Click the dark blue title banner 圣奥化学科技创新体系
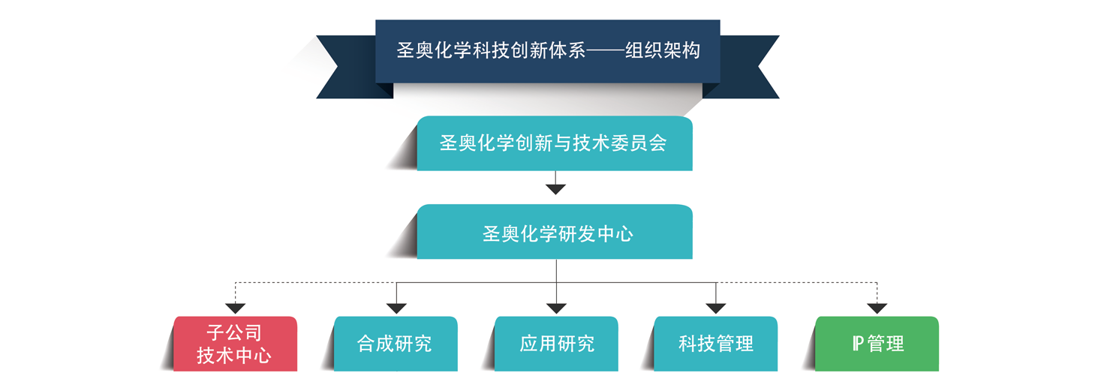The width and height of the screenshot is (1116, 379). click(x=547, y=51)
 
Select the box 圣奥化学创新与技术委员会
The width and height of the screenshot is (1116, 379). click(x=554, y=143)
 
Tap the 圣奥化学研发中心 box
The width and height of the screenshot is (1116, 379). click(x=554, y=233)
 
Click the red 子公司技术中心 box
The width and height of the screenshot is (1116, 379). click(x=235, y=344)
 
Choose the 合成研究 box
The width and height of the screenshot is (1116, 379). click(x=395, y=344)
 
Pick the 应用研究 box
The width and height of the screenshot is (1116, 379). click(x=556, y=344)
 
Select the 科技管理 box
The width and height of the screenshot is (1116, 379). click(x=715, y=344)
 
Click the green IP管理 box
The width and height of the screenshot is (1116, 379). click(x=877, y=344)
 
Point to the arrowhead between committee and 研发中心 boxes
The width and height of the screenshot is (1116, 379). click(x=555, y=188)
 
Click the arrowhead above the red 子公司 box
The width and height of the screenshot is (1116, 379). click(x=236, y=308)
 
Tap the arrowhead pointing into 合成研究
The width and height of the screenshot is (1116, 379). click(x=396, y=308)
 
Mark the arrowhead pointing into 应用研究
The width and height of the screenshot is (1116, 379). click(x=556, y=308)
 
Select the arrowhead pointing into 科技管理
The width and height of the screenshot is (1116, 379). click(x=716, y=308)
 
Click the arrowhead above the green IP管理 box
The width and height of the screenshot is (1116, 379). click(x=877, y=308)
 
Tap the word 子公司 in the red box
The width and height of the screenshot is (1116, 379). click(x=234, y=332)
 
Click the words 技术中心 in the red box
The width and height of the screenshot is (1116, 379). click(x=234, y=356)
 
